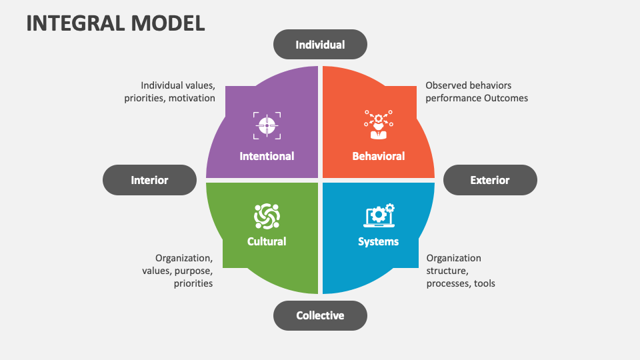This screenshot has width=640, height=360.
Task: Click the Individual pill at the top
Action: pyautogui.click(x=320, y=45)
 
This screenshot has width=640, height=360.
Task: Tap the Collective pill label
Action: pyautogui.click(x=320, y=315)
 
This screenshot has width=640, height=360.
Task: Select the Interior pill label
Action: pyautogui.click(x=149, y=180)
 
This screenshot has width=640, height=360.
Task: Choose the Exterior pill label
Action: pyautogui.click(x=490, y=180)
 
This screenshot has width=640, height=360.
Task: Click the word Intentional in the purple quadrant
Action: pyautogui.click(x=267, y=156)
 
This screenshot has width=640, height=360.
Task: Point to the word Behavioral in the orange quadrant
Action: pyautogui.click(x=378, y=156)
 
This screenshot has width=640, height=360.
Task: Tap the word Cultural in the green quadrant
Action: pyautogui.click(x=267, y=241)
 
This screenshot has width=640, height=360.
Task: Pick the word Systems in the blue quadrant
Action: pyautogui.click(x=378, y=241)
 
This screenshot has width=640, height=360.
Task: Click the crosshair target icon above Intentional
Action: pyautogui.click(x=267, y=125)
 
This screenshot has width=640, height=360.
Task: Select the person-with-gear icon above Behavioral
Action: pyautogui.click(x=378, y=125)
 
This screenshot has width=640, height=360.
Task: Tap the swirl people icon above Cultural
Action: pyautogui.click(x=267, y=215)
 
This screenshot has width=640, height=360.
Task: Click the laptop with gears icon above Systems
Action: pyautogui.click(x=379, y=215)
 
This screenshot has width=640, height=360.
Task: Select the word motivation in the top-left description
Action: pyautogui.click(x=191, y=98)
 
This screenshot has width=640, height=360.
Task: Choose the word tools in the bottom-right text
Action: pyautogui.click(x=484, y=283)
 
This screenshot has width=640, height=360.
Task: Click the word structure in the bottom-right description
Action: pyautogui.click(x=447, y=271)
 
